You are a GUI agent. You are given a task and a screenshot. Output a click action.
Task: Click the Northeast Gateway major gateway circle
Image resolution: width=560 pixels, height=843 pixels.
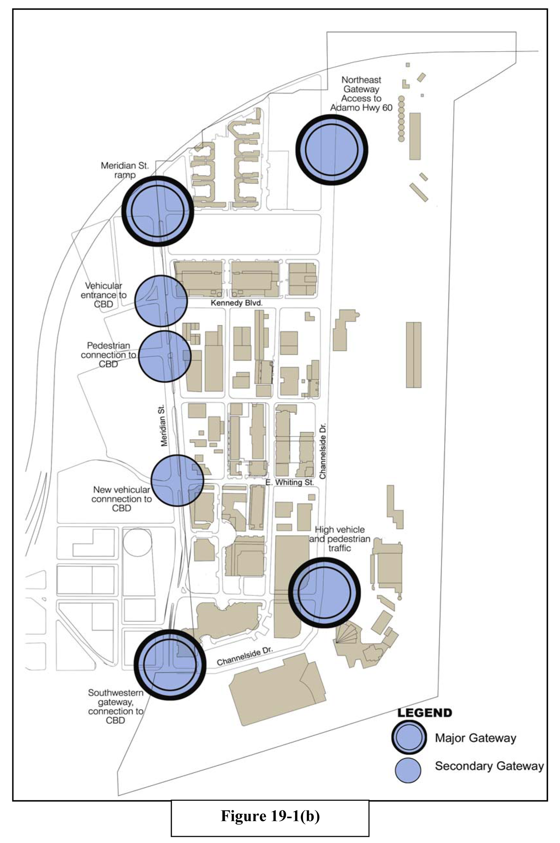[331, 149]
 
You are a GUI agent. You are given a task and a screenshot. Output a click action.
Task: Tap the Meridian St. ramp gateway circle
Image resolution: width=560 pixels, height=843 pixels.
[158, 211]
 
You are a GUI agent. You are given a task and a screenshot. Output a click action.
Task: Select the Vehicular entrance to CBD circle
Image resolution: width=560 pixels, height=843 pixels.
[161, 300]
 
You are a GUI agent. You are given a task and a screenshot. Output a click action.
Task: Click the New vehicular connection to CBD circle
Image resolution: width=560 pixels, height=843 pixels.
[178, 480]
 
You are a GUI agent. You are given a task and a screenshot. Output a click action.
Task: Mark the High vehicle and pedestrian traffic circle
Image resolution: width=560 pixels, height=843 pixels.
[324, 593]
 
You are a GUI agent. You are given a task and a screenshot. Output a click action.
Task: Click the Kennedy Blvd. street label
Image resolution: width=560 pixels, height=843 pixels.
[236, 303]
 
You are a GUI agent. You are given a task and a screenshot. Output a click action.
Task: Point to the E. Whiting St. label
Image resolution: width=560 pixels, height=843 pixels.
[290, 483]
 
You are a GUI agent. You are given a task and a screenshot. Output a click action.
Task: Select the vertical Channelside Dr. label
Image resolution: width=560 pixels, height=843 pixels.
[323, 451]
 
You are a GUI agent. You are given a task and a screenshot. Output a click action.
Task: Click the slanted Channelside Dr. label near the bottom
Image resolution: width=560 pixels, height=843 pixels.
[245, 656]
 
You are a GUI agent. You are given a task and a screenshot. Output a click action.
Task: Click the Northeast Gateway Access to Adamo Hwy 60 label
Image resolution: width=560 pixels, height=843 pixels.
[361, 93]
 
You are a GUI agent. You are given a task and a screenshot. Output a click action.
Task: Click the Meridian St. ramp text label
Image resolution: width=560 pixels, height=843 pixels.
[125, 170]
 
